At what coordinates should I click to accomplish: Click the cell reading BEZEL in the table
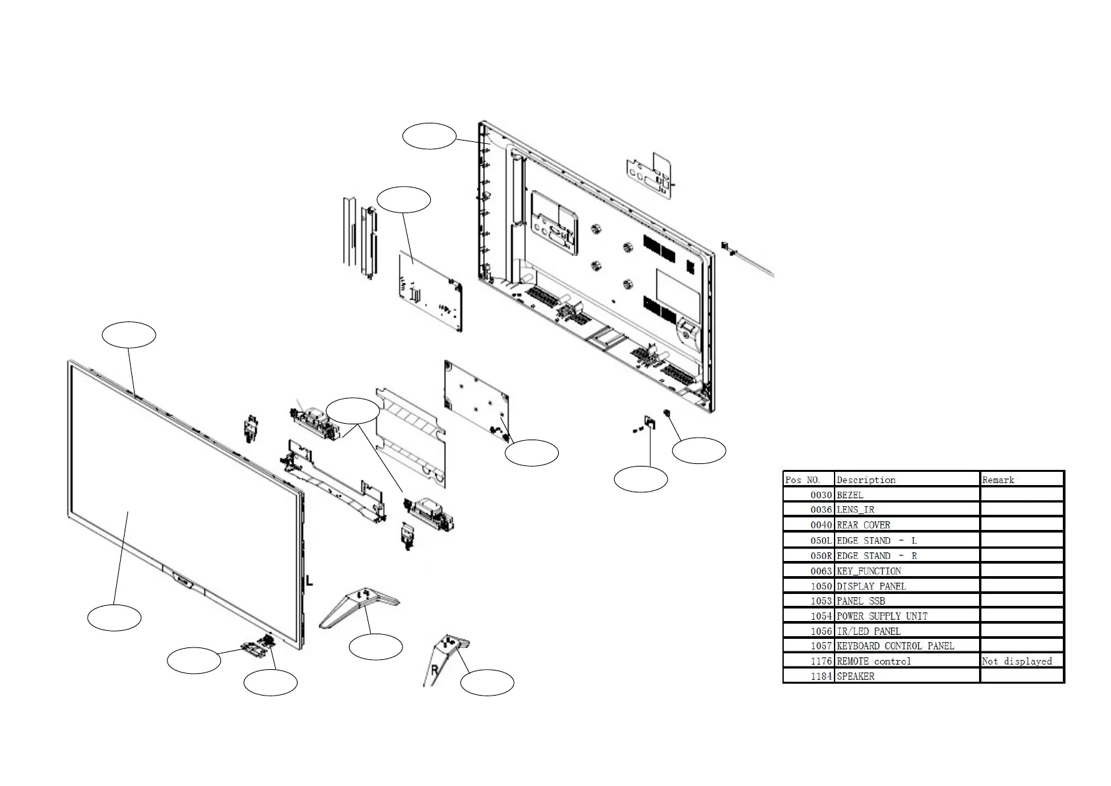click(850, 495)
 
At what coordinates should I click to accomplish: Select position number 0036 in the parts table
click(821, 510)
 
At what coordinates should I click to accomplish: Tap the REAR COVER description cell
click(863, 525)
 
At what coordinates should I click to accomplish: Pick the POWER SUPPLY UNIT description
click(881, 616)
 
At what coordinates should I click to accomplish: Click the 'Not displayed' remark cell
click(1017, 661)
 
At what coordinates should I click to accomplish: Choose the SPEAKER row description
click(855, 676)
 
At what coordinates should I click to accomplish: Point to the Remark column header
click(998, 480)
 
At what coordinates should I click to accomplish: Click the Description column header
click(866, 480)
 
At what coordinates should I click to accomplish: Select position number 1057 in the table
click(821, 646)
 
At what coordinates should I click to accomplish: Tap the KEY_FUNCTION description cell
click(868, 572)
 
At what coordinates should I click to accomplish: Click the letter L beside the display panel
click(309, 581)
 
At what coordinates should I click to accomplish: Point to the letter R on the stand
click(435, 671)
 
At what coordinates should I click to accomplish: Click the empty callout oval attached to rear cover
click(429, 135)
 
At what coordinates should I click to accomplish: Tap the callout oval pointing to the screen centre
click(114, 618)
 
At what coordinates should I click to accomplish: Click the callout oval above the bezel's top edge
click(129, 335)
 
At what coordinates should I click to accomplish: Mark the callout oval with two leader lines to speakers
click(353, 411)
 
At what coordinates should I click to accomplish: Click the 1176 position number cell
click(821, 661)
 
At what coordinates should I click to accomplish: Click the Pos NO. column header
click(802, 480)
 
